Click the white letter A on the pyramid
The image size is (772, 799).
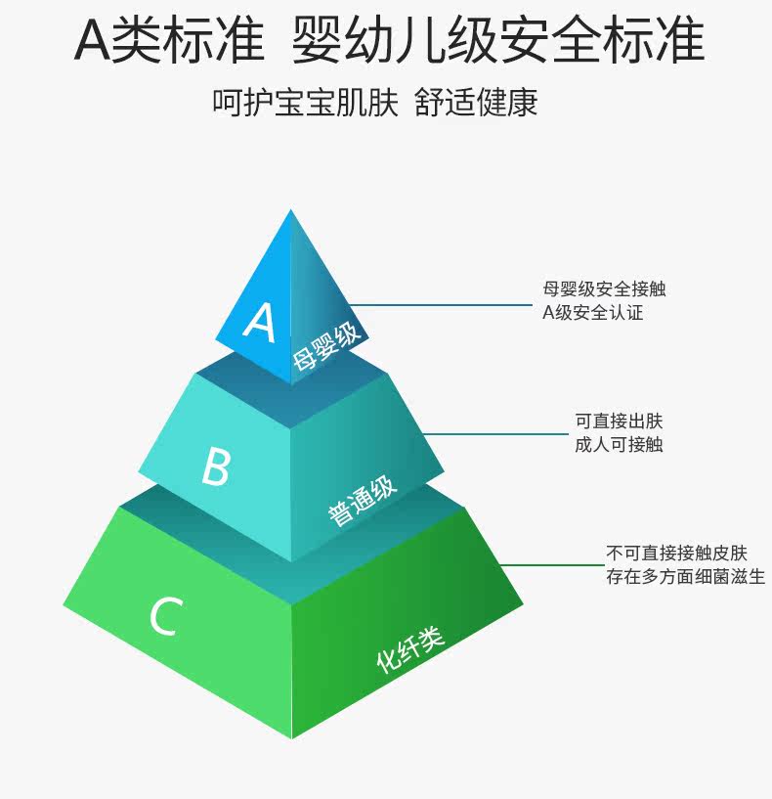[259, 322]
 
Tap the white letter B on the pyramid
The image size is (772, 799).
[215, 466]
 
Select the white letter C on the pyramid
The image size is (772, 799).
[165, 617]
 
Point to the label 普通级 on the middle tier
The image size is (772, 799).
[363, 503]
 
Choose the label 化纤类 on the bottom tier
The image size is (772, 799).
[410, 648]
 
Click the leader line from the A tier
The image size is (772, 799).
[440, 304]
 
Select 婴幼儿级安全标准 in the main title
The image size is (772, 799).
[497, 41]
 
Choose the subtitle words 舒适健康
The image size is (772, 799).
[476, 102]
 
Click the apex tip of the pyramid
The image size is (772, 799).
[290, 212]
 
